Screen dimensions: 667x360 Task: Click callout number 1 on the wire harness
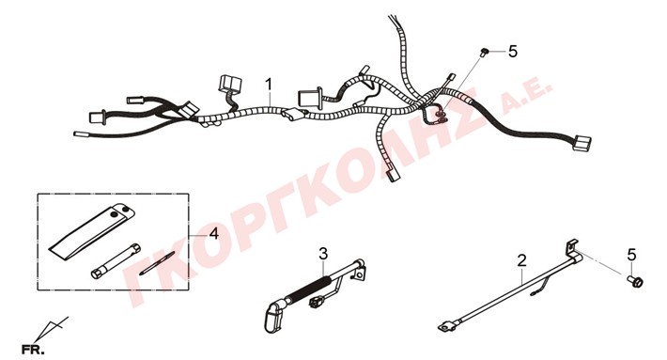click(269, 85)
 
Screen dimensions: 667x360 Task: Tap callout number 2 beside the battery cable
click(522, 260)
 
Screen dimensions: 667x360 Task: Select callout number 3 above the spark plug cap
click(324, 254)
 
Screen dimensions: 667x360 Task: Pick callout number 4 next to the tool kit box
click(214, 233)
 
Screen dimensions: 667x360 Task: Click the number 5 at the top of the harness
click(513, 52)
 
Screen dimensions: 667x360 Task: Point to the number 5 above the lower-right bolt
click(631, 255)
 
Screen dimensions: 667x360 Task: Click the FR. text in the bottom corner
click(33, 351)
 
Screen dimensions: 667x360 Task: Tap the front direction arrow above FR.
click(51, 328)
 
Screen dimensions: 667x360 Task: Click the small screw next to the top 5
click(484, 53)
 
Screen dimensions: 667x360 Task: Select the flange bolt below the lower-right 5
click(635, 281)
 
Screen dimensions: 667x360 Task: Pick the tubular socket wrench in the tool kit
click(116, 261)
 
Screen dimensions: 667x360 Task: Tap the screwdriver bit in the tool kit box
click(157, 263)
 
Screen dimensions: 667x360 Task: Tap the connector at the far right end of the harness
click(582, 143)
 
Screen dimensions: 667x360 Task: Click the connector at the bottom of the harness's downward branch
click(393, 175)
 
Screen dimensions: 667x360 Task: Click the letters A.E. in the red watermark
click(526, 95)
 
